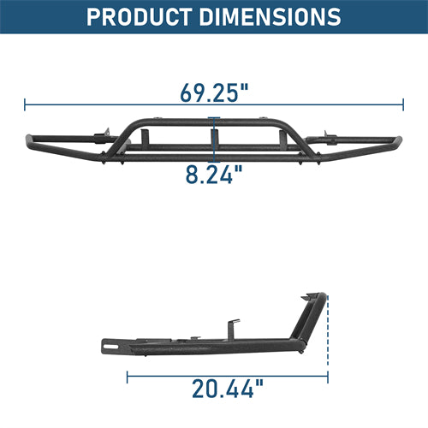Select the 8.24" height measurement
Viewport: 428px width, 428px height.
point(214,175)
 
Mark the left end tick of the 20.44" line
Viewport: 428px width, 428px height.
point(127,373)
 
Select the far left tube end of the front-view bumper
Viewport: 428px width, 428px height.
point(30,140)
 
